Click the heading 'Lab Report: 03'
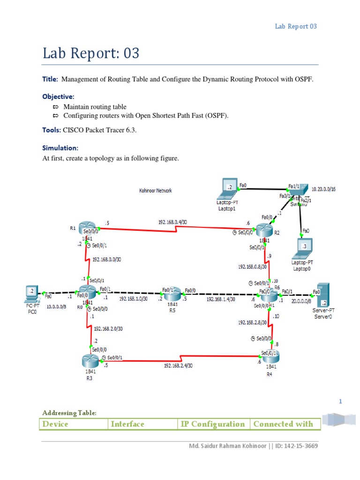[x=91, y=53]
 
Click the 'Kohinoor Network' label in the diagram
[x=156, y=191]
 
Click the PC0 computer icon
[x=31, y=294]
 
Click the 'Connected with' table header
[x=283, y=424]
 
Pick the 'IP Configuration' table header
[x=213, y=424]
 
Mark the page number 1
[x=340, y=401]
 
